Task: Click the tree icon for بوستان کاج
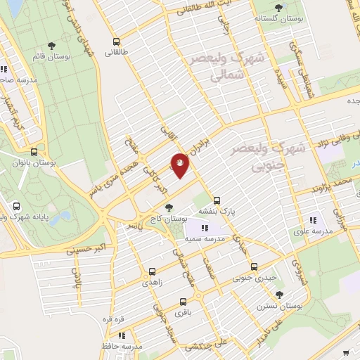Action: click(x=169, y=207)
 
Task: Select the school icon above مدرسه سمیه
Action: click(x=204, y=229)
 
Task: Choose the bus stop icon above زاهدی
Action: click(x=151, y=270)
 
